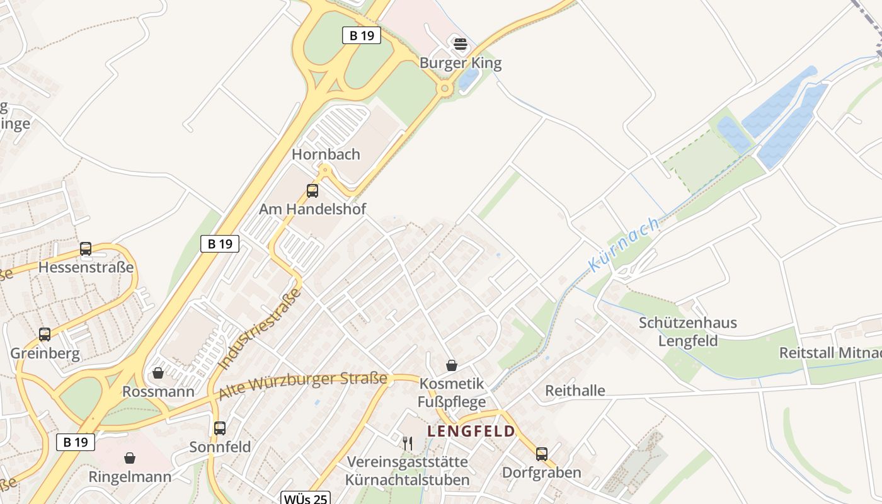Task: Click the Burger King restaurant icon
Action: (x=461, y=45)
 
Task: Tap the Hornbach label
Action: (x=326, y=154)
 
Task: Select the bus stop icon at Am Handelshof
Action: (x=312, y=190)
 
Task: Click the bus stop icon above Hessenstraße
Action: (x=86, y=249)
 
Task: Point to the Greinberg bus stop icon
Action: (x=44, y=335)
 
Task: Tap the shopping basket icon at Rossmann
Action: (x=158, y=373)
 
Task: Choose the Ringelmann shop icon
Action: (x=130, y=458)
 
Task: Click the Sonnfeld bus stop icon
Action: (x=220, y=428)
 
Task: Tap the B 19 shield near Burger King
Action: (x=362, y=35)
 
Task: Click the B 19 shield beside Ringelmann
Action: (x=76, y=442)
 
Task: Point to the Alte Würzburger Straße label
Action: (x=302, y=386)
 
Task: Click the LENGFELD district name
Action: (x=471, y=432)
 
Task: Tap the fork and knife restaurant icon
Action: (x=408, y=444)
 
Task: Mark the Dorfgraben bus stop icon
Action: (x=541, y=454)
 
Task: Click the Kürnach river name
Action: (x=624, y=244)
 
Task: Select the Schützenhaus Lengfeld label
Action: (x=687, y=332)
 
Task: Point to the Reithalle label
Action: (x=575, y=391)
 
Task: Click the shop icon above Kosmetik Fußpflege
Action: (x=452, y=365)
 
